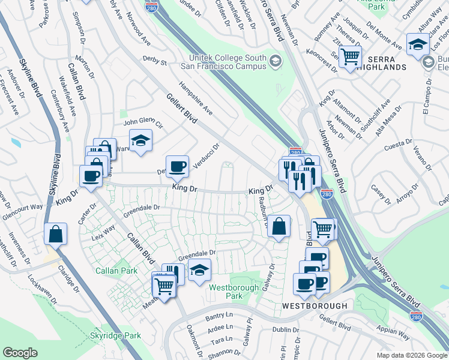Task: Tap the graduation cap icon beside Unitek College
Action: [275, 61]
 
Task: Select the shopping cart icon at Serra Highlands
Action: [350, 58]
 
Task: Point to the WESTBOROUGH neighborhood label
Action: [315, 306]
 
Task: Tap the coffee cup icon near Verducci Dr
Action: [177, 167]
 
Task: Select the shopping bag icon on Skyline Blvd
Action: [55, 234]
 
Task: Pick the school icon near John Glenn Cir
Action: [140, 140]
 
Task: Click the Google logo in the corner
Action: [20, 353]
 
